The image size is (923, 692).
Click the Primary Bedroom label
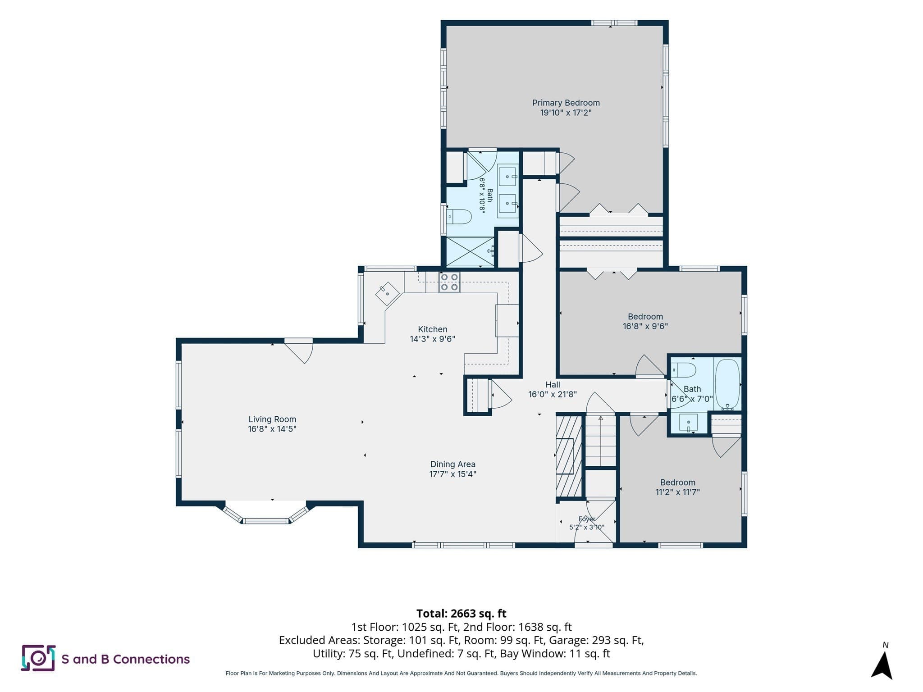pos(566,103)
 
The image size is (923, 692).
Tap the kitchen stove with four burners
pos(449,282)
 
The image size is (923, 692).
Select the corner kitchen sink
pos(388,294)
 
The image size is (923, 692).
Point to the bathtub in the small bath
pos(727,384)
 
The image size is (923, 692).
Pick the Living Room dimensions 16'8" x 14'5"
pos(272,429)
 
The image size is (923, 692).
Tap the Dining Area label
pos(453,464)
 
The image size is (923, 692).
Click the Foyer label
pos(587,519)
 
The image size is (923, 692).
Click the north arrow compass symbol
pos(882,664)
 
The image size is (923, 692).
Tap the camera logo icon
pos(38,658)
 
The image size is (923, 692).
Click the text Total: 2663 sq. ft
pos(461,613)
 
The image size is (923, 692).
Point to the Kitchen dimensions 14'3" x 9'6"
pos(433,339)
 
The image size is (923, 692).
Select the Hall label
pos(553,384)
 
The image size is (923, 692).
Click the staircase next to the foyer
pos(601,441)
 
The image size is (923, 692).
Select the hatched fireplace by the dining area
pos(569,456)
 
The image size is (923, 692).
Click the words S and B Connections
pos(126,659)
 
